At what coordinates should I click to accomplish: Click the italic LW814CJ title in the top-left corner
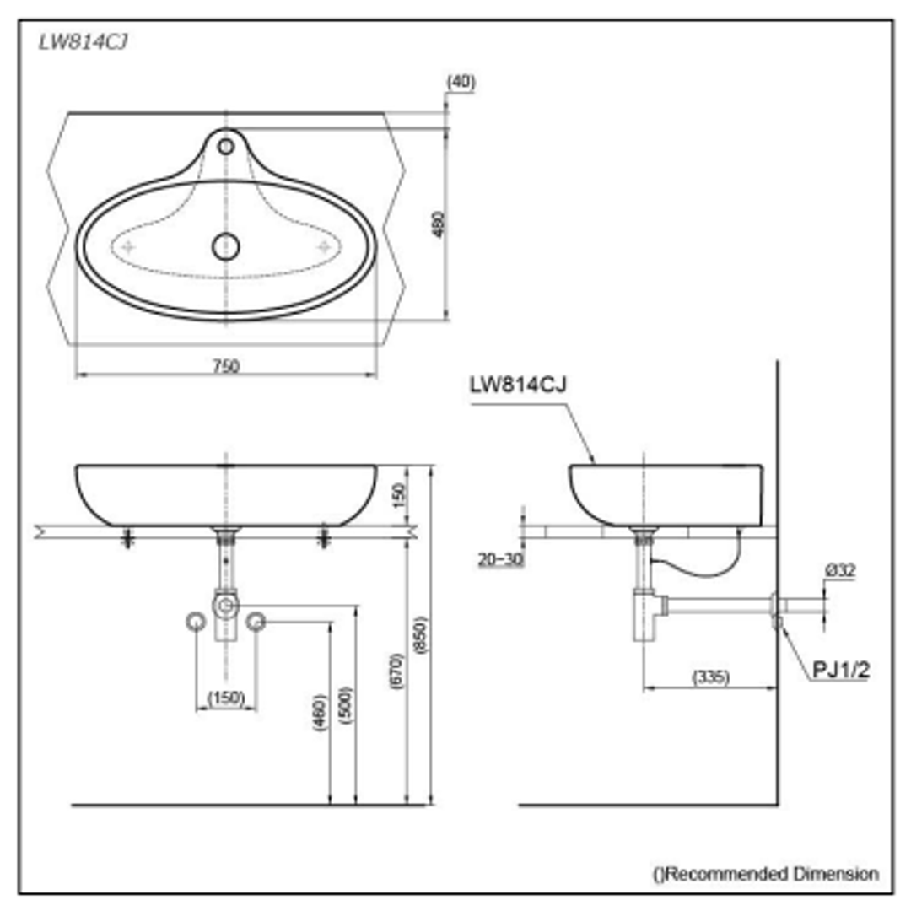(84, 43)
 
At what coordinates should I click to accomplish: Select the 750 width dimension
(226, 365)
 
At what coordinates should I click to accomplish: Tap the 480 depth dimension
(438, 224)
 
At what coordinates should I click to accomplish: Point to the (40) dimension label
(461, 82)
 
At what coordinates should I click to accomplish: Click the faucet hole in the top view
(226, 147)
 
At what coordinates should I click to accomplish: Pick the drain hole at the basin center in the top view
(226, 246)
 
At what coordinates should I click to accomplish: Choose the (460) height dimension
(320, 713)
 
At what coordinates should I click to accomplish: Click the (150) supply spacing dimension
(226, 698)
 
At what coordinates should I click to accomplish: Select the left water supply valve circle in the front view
(196, 623)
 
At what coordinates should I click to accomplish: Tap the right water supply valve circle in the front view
(256, 623)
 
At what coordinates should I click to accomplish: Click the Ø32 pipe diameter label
(840, 571)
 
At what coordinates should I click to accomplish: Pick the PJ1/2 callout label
(841, 670)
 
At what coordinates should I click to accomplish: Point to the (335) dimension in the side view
(710, 677)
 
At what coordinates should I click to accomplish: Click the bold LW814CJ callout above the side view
(518, 385)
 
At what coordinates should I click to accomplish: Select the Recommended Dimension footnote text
(766, 874)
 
